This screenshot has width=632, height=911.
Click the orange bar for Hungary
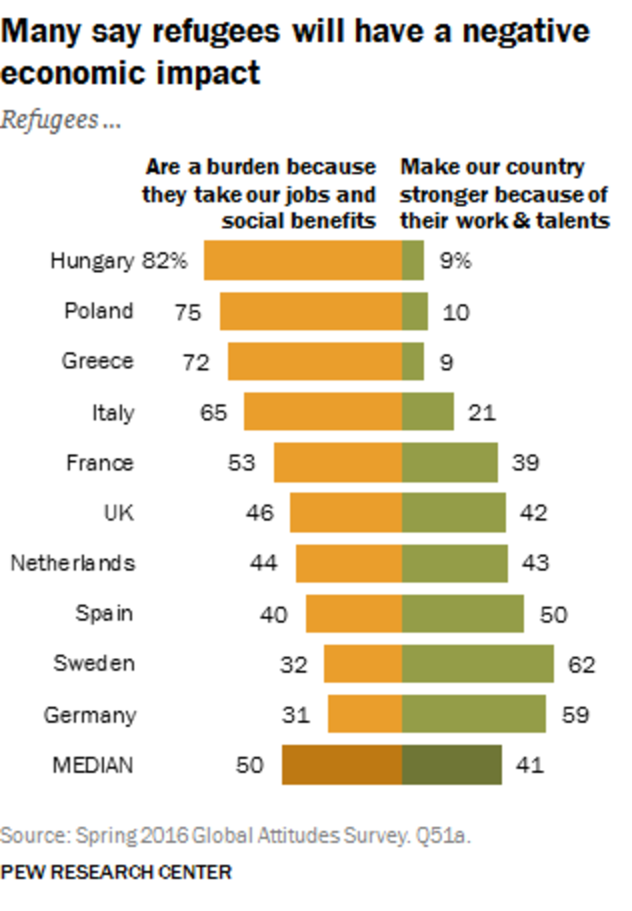[302, 261]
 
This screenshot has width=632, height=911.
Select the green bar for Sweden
[478, 663]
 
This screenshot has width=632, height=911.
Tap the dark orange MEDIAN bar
[341, 765]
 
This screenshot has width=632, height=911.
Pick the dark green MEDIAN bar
[451, 765]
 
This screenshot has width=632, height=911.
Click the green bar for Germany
[474, 714]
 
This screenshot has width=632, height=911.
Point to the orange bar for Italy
[322, 412]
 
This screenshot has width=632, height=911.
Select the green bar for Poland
[414, 312]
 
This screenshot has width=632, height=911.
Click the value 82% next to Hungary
[164, 261]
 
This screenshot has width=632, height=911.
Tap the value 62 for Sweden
[581, 664]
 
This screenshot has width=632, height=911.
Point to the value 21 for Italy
[482, 413]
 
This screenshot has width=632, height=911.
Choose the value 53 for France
[242, 463]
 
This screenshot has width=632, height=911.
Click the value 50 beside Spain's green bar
[553, 614]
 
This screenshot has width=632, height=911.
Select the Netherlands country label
[72, 563]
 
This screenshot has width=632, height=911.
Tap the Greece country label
[98, 362]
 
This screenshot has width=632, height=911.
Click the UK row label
[118, 512]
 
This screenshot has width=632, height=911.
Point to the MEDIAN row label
[92, 765]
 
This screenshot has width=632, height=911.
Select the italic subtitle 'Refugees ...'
[60, 120]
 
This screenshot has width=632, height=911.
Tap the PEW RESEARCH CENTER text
[116, 872]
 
